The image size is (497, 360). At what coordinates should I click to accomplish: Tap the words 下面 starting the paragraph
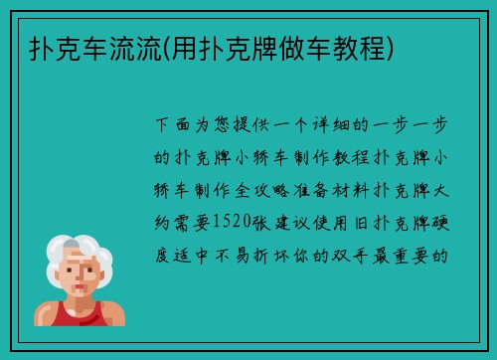coord(173,126)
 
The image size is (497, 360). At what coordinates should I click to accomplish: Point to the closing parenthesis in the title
coord(396,47)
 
